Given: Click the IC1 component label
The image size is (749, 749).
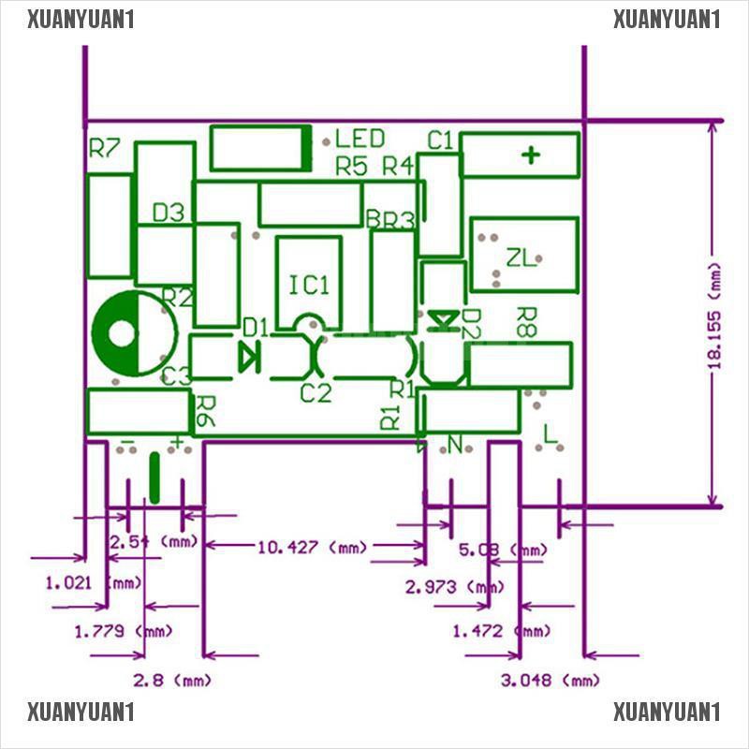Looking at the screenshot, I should (309, 285).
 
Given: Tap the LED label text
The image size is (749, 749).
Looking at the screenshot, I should (360, 140).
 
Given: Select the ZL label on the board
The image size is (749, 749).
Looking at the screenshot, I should (521, 257).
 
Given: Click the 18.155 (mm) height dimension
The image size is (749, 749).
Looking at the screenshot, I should (715, 316).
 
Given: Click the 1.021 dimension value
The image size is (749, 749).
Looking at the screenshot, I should (69, 583).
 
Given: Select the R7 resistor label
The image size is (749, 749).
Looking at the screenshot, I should (104, 148).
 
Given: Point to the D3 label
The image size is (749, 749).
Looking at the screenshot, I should (169, 213).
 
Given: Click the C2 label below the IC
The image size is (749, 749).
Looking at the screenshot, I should (316, 393).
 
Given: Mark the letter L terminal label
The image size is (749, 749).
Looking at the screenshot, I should (551, 433).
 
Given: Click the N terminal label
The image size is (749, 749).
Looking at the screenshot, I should (456, 446).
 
